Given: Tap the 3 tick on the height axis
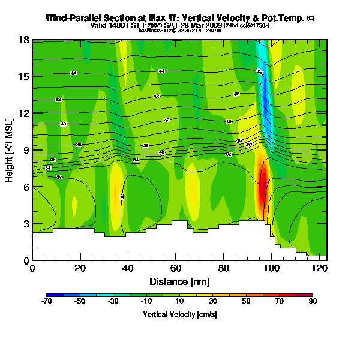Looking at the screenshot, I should (x=27, y=223).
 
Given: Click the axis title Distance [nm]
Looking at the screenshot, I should (x=179, y=281).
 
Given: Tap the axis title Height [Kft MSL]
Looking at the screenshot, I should (x=10, y=150).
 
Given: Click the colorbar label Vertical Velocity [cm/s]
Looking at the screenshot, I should (x=180, y=314).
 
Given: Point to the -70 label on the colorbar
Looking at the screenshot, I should (x=47, y=302).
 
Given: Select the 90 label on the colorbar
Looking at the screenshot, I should (x=313, y=302).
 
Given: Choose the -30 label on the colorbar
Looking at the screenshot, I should (x=113, y=302).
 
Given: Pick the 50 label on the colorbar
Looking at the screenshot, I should (x=246, y=302).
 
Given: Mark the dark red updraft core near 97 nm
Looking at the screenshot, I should (x=262, y=186).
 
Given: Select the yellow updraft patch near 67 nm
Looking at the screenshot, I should (x=192, y=192).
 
